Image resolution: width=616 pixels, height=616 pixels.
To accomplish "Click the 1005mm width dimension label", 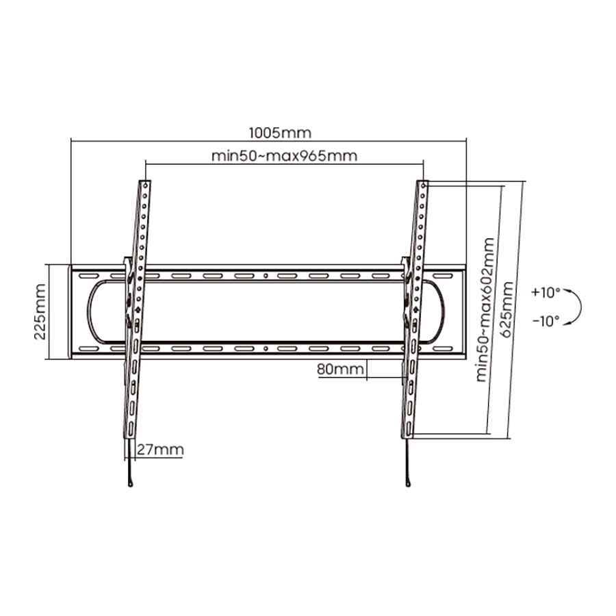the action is pos(280,133).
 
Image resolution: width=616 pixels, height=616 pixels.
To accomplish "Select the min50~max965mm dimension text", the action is pos(285,156).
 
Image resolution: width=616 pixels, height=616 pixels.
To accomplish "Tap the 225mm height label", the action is pos(40,311).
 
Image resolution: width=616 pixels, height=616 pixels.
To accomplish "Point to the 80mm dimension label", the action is pos(340,369).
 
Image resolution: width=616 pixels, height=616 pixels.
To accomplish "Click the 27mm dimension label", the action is pos(160,449).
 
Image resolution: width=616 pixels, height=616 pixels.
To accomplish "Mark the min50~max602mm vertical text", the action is pos(485,309).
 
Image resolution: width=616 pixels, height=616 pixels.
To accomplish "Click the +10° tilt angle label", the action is pos(546,293).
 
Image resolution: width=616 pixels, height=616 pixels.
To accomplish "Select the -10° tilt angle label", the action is pos(546,321).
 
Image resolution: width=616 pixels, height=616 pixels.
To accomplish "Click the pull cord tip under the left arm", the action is pos(131,483).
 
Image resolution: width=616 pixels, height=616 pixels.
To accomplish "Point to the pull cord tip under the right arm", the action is pos(408,483).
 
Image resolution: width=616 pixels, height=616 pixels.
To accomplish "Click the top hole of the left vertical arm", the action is pos(146,185).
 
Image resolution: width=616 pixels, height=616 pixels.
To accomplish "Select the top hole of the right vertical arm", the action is pos(423,185).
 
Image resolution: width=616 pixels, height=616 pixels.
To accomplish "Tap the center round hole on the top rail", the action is pos(266,276).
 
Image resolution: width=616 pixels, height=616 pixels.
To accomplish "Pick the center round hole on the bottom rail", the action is pos(266,348).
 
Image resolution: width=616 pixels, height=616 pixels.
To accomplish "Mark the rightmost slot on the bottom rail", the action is pos(444,348).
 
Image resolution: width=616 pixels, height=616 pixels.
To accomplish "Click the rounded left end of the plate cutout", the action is pos(89,311).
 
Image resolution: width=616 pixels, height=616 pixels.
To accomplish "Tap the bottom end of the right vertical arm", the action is pos(407,437).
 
